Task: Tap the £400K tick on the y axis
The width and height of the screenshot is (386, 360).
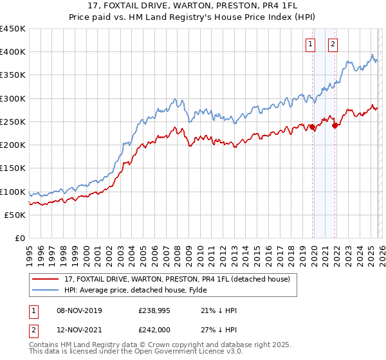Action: tap(13, 52)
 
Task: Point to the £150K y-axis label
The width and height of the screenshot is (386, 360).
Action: tap(13, 168)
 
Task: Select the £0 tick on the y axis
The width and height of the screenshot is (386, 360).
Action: tap(20, 239)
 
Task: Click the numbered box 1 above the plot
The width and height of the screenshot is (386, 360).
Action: tap(311, 44)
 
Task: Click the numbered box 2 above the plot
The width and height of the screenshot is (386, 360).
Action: tap(333, 44)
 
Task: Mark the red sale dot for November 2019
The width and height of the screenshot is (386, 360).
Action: tap(313, 127)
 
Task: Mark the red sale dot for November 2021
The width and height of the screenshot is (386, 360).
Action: tap(335, 125)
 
